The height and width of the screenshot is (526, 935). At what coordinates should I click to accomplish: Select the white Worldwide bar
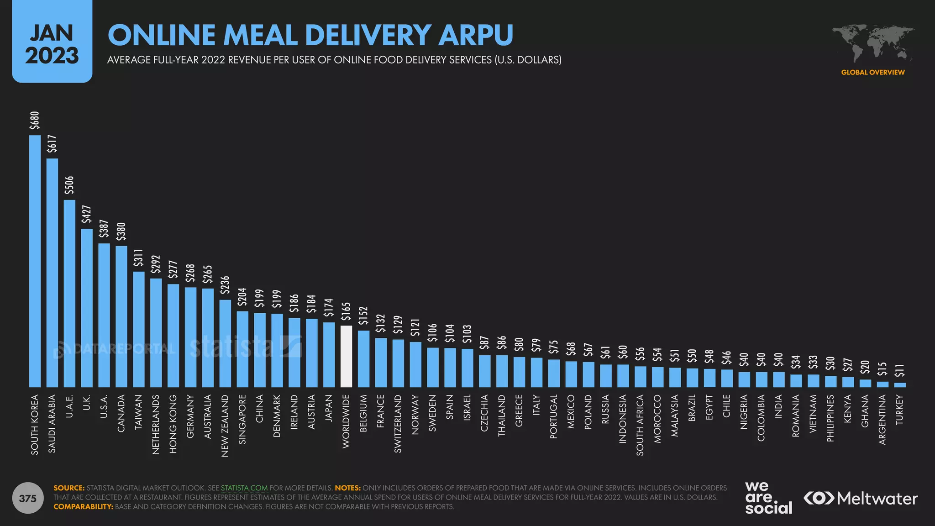coord(347,356)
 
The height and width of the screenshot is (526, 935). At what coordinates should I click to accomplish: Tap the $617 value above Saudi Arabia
coord(52,143)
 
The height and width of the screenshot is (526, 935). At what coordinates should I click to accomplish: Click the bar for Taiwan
coord(139,329)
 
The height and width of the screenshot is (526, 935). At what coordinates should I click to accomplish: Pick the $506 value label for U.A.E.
coord(69,185)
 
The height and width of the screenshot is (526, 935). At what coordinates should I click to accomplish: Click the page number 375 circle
coord(28,498)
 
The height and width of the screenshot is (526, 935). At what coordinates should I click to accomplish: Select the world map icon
coord(872,44)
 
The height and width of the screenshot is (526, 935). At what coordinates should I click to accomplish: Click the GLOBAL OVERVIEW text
coord(872,72)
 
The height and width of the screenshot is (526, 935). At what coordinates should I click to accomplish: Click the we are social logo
coord(768,498)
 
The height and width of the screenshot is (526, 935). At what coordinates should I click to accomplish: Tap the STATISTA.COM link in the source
coord(244,488)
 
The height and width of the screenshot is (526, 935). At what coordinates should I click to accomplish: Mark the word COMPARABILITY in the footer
coord(83,506)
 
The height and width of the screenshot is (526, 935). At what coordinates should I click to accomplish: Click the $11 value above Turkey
coord(899,370)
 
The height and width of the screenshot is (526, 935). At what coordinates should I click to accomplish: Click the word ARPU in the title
coord(476,35)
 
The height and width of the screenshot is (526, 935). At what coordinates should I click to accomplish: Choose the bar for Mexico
coord(571,374)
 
